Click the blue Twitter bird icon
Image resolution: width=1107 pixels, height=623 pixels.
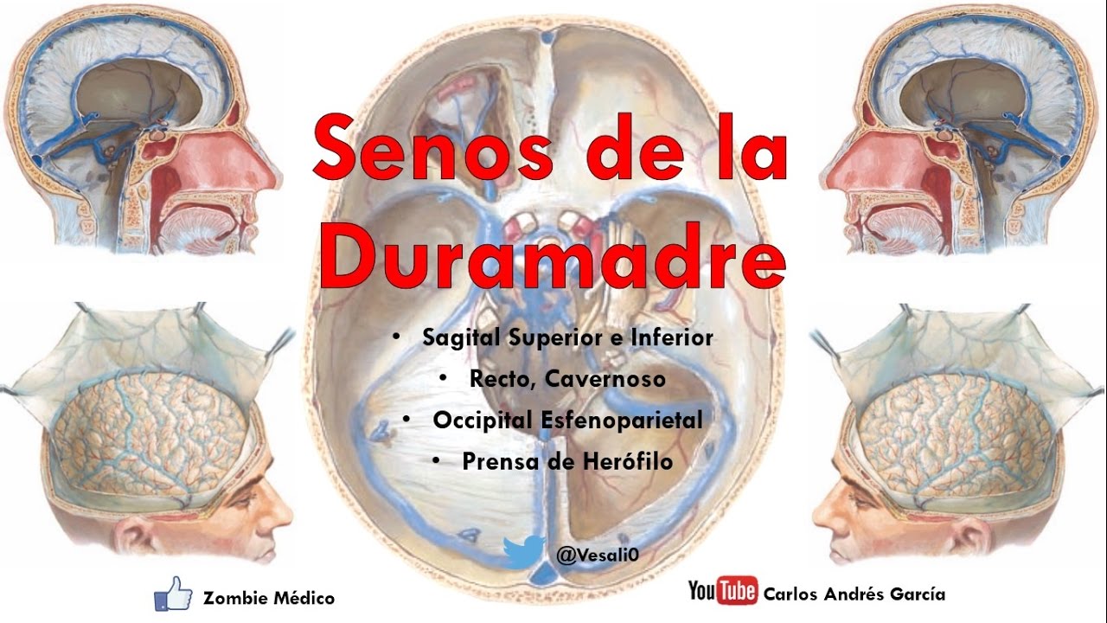(524, 552)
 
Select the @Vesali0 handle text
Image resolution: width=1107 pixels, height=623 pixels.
(598, 555)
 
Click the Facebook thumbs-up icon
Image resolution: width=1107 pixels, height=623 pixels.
(172, 594)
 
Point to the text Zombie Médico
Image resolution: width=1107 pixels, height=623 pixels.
(268, 597)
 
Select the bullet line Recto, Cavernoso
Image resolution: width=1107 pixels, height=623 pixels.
(567, 378)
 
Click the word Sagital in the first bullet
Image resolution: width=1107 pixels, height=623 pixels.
(460, 337)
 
